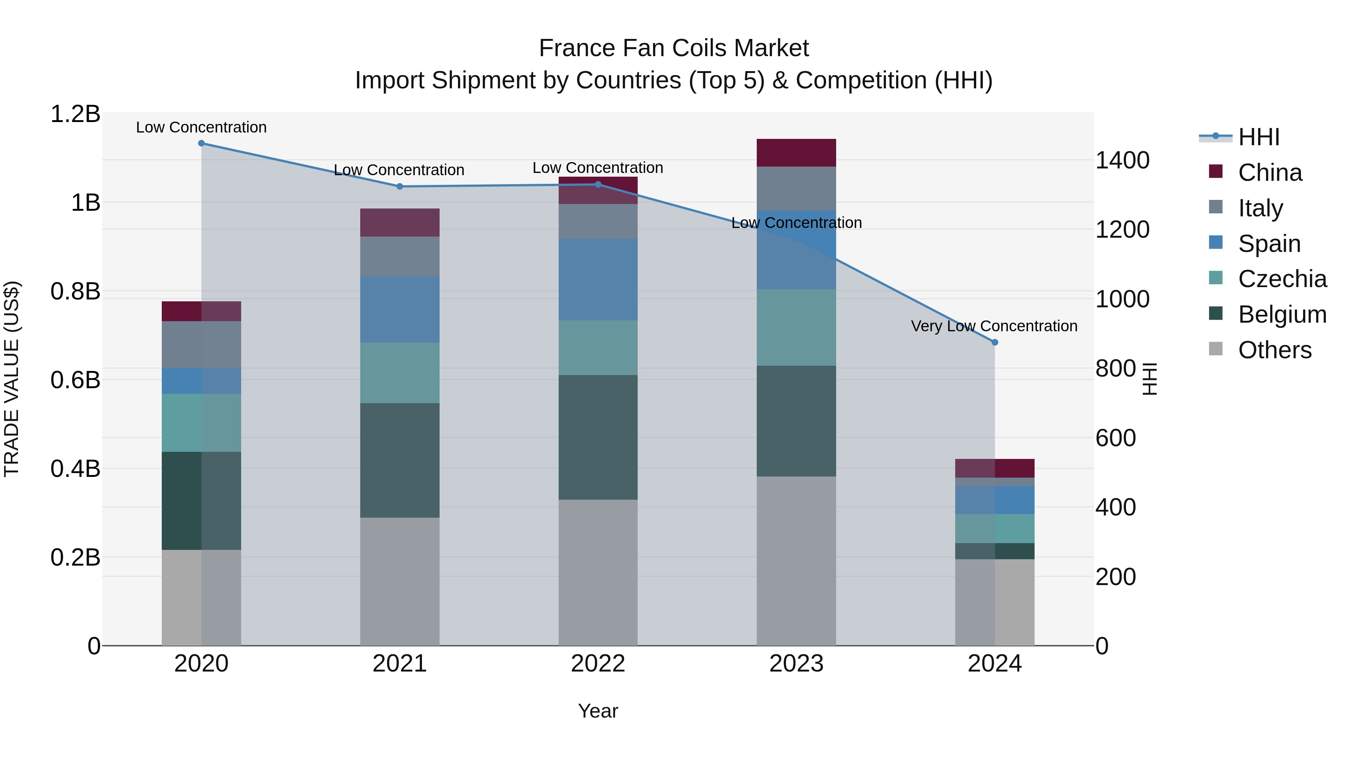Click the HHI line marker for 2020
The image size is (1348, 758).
tap(201, 143)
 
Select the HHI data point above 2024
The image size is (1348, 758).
tap(995, 342)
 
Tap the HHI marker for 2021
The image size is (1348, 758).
tap(400, 186)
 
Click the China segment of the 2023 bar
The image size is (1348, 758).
tap(796, 153)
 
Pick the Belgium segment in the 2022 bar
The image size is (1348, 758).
tap(598, 437)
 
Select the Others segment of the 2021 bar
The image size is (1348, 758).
tap(400, 581)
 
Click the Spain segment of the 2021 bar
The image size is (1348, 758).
tap(400, 310)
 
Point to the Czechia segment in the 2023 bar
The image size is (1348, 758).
tap(796, 328)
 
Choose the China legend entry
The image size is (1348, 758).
tap(1269, 173)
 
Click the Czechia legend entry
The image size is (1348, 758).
tap(1282, 279)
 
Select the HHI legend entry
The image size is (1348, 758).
tap(1259, 137)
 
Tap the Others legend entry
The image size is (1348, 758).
tap(1274, 350)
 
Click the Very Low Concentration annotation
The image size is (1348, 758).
tap(994, 326)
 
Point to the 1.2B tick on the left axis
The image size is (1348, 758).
tap(75, 114)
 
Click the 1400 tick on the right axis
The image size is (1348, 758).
tap(1123, 160)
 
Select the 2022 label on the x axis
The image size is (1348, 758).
tap(598, 664)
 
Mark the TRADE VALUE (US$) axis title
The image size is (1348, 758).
tap(12, 379)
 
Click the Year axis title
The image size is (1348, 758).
tap(598, 711)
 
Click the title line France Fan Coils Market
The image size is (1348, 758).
tap(674, 48)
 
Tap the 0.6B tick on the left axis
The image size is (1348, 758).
tap(75, 380)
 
